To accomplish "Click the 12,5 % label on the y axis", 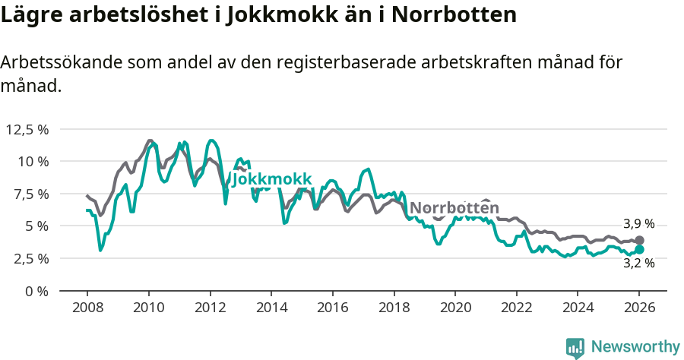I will pyautogui.click(x=27, y=129).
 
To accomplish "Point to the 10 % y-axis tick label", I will pyautogui.click(x=33, y=161).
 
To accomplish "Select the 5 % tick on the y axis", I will pyautogui.click(x=36, y=226).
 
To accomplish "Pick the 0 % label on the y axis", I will pyautogui.click(x=36, y=291).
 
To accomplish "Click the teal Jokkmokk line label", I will pyautogui.click(x=271, y=179).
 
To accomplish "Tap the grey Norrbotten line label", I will pyautogui.click(x=454, y=208).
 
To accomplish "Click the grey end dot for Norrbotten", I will pyautogui.click(x=639, y=240).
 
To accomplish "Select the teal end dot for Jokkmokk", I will pyautogui.click(x=639, y=249).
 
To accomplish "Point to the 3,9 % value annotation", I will pyautogui.click(x=638, y=224).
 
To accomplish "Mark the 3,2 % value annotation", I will pyautogui.click(x=638, y=264).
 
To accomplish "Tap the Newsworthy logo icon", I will pyautogui.click(x=575, y=347).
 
